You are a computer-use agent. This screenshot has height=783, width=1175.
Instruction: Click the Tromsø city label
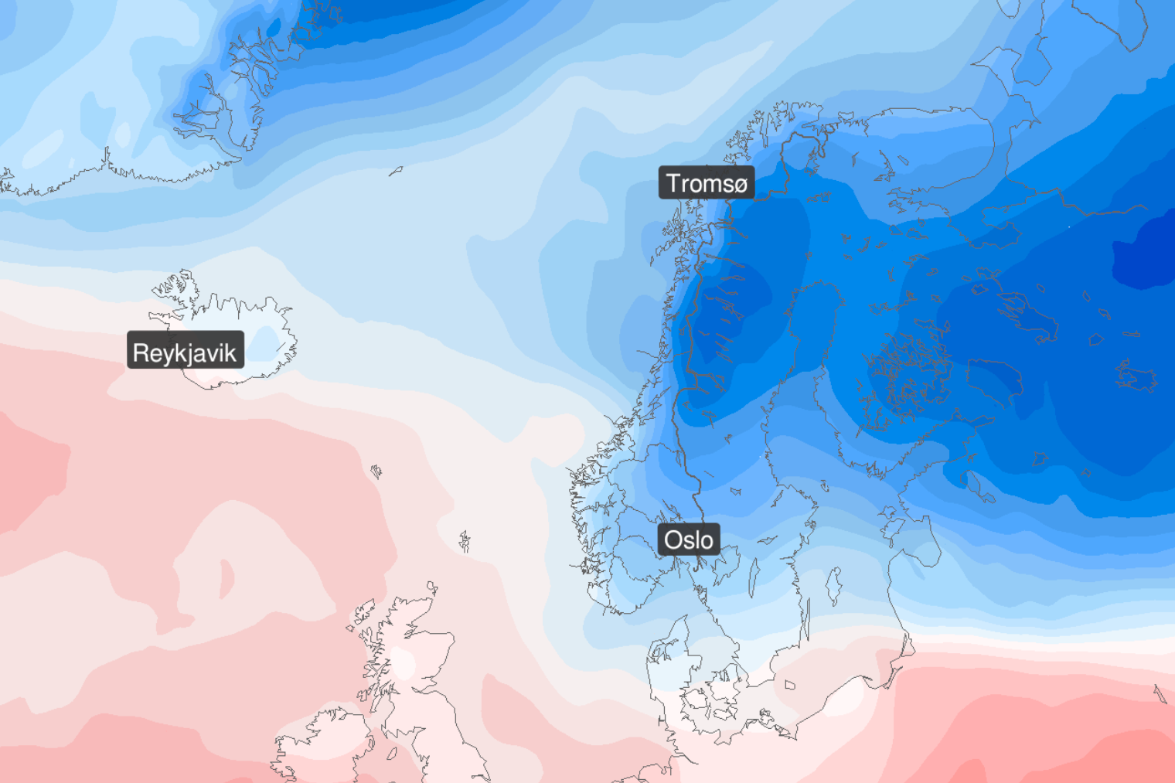pyautogui.click(x=707, y=183)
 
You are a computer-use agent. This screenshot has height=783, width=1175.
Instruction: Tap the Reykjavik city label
pyautogui.click(x=185, y=352)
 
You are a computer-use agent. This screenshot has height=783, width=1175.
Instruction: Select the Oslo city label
pyautogui.click(x=688, y=540)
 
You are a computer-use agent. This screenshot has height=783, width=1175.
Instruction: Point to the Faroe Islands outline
pyautogui.click(x=376, y=472)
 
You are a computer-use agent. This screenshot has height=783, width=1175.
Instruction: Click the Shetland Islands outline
pyautogui.click(x=465, y=541)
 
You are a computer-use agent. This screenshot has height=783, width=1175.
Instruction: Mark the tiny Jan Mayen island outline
pyautogui.click(x=396, y=171)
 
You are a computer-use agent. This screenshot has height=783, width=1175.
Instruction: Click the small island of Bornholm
pyautogui.click(x=789, y=685)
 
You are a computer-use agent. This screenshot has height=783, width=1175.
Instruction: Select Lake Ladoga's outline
pyautogui.click(x=996, y=376)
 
